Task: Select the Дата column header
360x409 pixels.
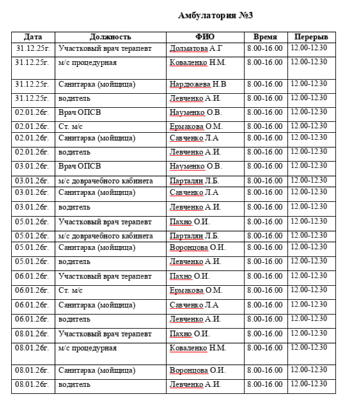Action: [33, 36]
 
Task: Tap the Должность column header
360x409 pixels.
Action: [111, 36]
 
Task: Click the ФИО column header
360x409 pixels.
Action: [205, 36]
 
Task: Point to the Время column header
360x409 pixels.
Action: [265, 36]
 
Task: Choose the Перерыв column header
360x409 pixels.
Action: [311, 36]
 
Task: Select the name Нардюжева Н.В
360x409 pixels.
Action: [198, 84]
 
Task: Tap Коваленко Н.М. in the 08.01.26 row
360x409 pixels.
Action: [198, 348]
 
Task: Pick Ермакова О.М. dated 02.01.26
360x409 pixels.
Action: [196, 126]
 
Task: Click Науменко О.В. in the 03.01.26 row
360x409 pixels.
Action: [196, 166]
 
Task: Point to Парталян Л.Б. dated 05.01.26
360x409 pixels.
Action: [194, 236]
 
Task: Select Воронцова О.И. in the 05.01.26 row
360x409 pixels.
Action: [198, 247]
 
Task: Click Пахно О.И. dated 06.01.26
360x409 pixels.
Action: [190, 277]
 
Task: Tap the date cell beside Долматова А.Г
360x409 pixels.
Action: [32, 48]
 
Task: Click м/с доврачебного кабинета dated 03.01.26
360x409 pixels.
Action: [106, 181]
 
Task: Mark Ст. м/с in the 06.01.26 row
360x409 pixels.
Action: [71, 291]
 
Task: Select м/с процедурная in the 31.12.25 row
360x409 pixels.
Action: [87, 63]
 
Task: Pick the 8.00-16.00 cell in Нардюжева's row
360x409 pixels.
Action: [265, 84]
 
